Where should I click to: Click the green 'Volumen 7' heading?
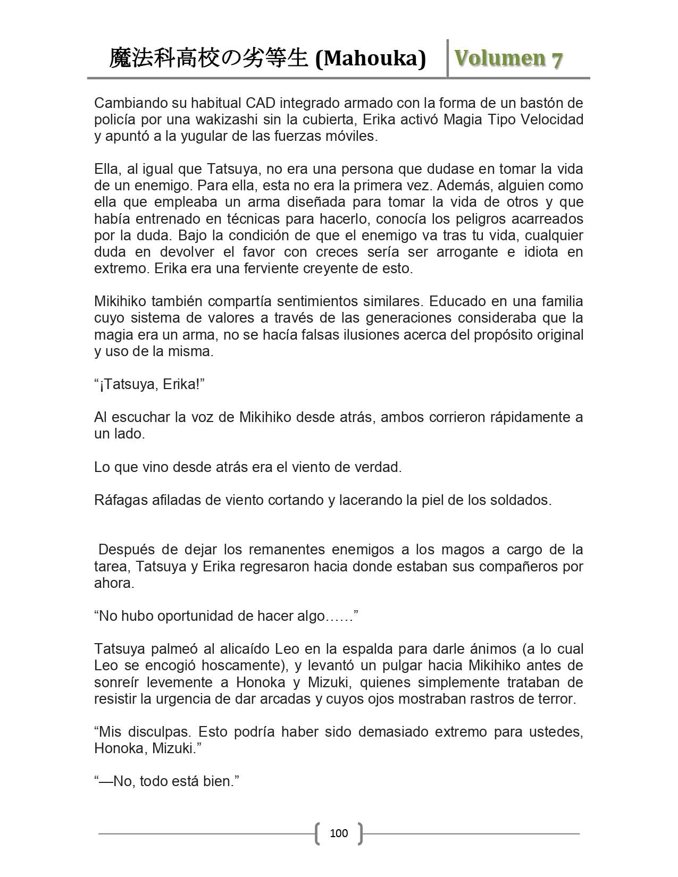click(x=508, y=59)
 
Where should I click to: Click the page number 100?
click(x=339, y=833)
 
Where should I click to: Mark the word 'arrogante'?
click(x=460, y=252)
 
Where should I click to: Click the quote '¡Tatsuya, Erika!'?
click(x=149, y=384)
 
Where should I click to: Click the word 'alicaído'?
click(x=243, y=649)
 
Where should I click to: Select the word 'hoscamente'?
click(x=241, y=665)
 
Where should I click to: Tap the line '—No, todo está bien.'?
click(x=166, y=781)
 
